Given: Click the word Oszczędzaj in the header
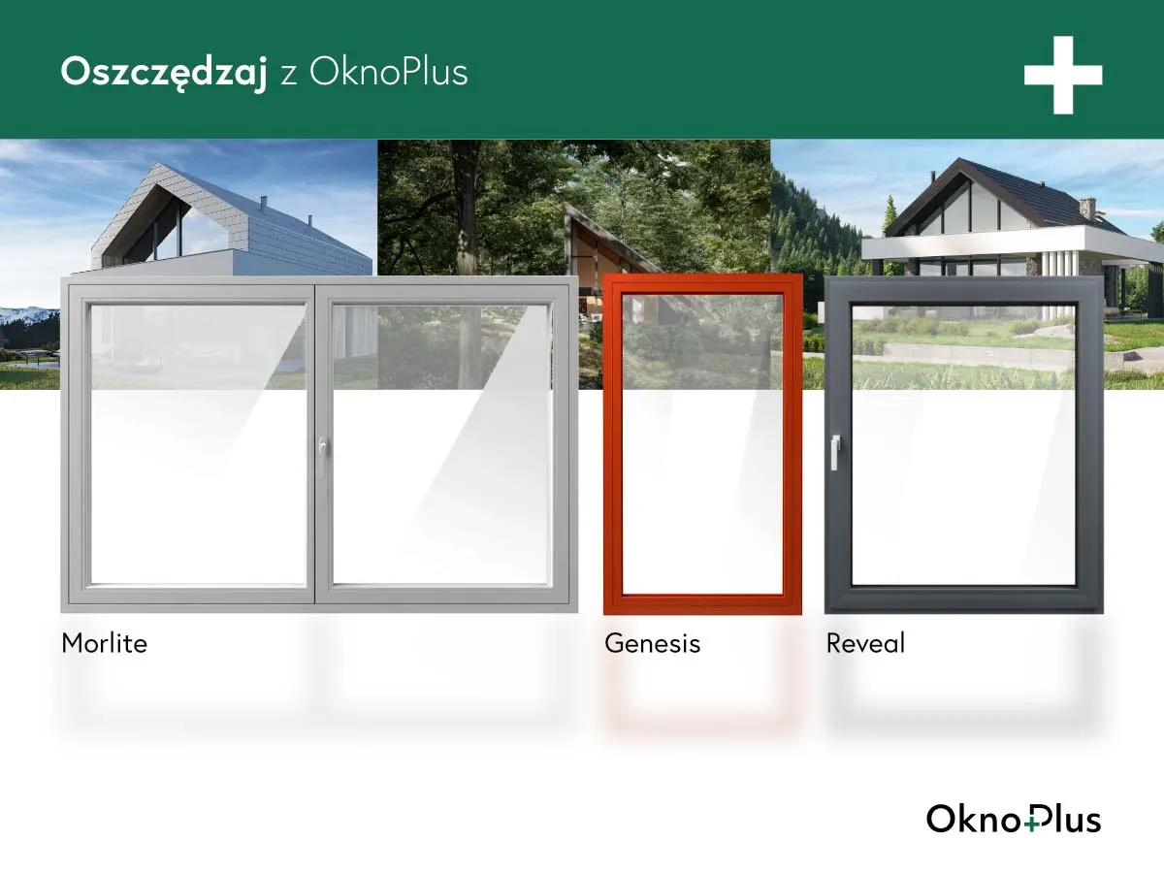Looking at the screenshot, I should (163, 72).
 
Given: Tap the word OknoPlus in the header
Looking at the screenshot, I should (388, 72).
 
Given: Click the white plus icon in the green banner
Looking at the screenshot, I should (1063, 75).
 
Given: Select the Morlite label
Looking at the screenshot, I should (104, 643).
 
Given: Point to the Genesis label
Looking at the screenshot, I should (652, 643).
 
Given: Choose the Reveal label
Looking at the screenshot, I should (865, 643).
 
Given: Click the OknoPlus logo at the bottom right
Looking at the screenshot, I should (1013, 819).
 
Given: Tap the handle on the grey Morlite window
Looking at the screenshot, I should (321, 449).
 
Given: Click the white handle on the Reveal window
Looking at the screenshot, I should (834, 451).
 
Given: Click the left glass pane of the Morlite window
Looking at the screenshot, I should (198, 446).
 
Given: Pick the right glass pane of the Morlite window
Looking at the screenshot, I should (441, 446).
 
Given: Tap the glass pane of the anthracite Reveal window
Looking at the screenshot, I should (963, 446).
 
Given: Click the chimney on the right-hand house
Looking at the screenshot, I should (1087, 209).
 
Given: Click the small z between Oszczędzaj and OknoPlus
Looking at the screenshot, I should (288, 74).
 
